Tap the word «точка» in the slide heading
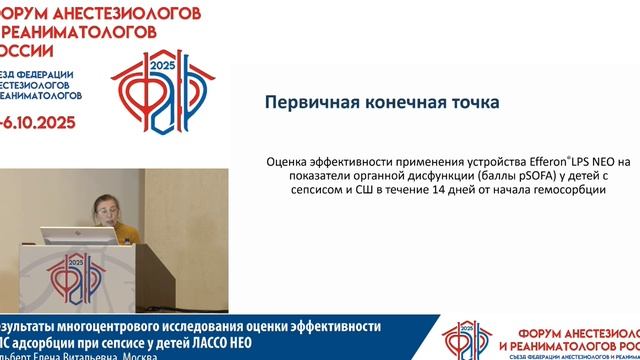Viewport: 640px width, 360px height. (x=469, y=102)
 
